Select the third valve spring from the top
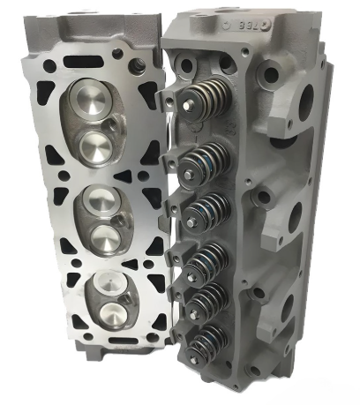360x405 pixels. click(x=209, y=208)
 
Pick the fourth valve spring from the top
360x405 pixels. click(x=209, y=258)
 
